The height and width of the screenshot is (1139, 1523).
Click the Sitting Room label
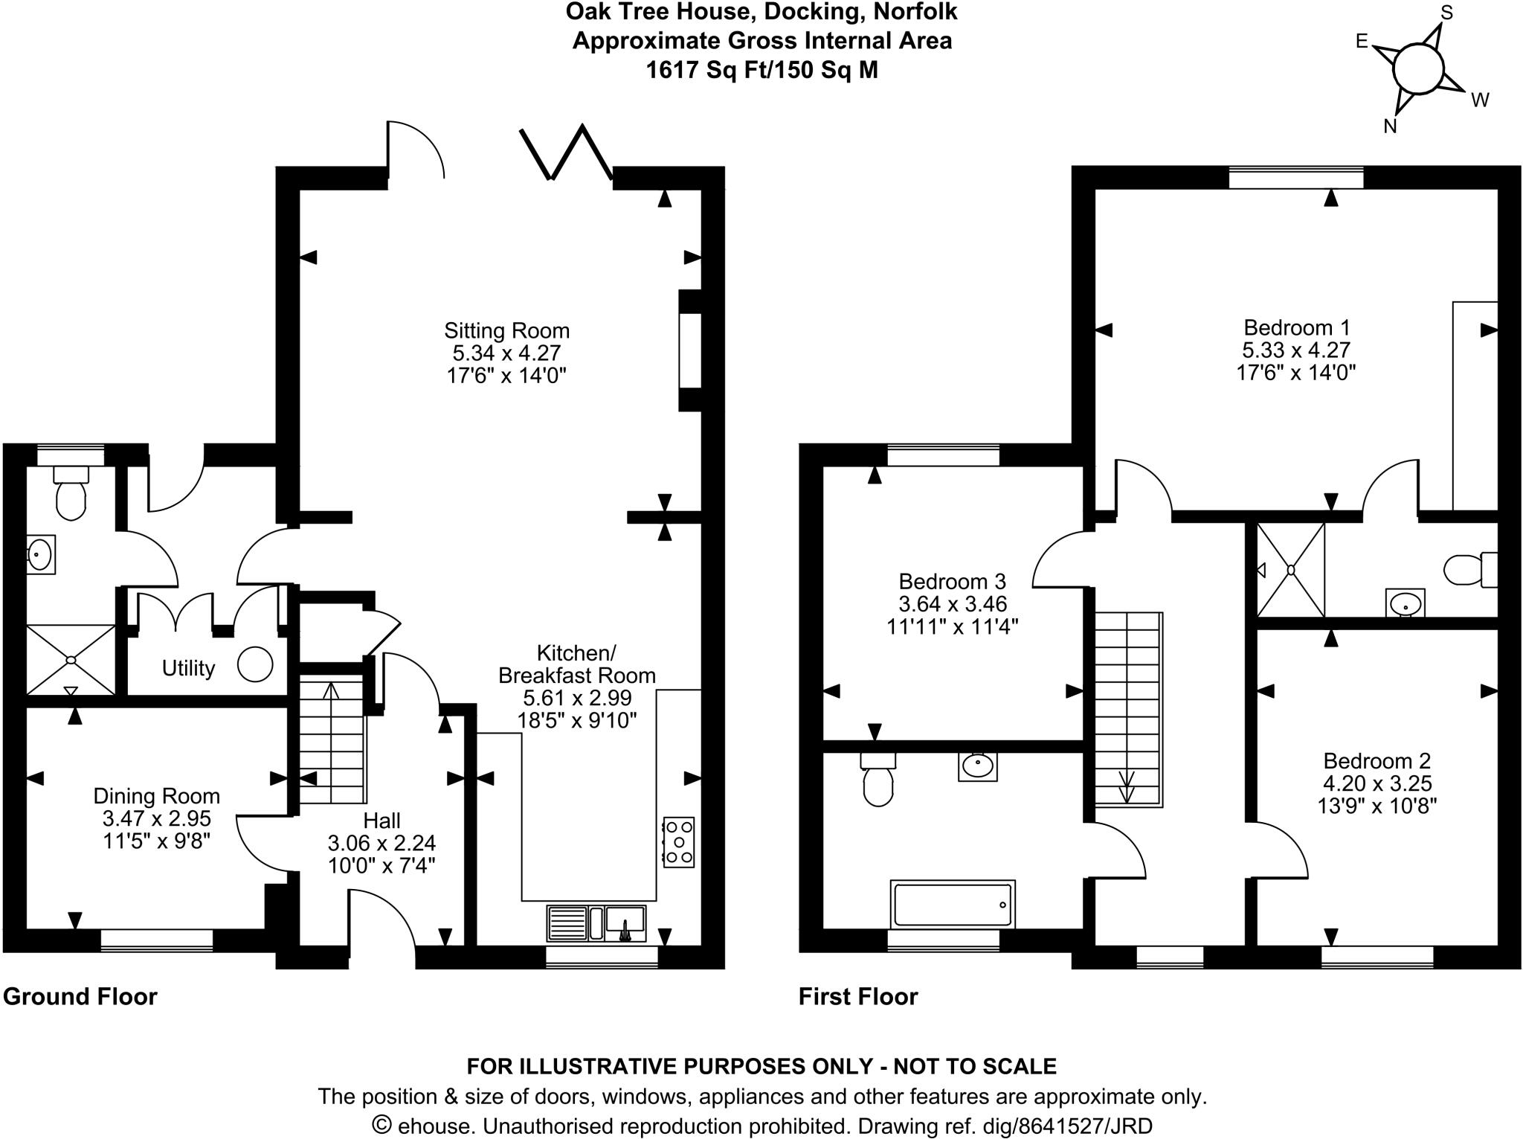[x=506, y=330]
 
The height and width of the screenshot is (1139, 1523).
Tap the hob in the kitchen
[x=678, y=842]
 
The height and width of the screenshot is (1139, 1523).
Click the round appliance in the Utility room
[x=255, y=664]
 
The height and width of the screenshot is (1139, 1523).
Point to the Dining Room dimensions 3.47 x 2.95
[x=157, y=819]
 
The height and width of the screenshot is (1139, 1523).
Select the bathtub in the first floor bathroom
[x=953, y=904]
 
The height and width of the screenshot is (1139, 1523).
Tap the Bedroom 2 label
[x=1377, y=761]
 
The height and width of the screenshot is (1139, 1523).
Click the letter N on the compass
[x=1390, y=126]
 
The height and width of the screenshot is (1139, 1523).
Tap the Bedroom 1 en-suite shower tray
[x=1291, y=570]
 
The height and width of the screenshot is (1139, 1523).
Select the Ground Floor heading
[x=80, y=996]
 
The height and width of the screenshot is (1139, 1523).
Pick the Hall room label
[x=381, y=821]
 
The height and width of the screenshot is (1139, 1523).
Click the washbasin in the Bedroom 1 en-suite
[x=1406, y=603]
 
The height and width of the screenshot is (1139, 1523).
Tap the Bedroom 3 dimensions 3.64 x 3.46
[x=952, y=604]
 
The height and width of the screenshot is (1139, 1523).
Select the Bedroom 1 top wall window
[x=1296, y=179]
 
